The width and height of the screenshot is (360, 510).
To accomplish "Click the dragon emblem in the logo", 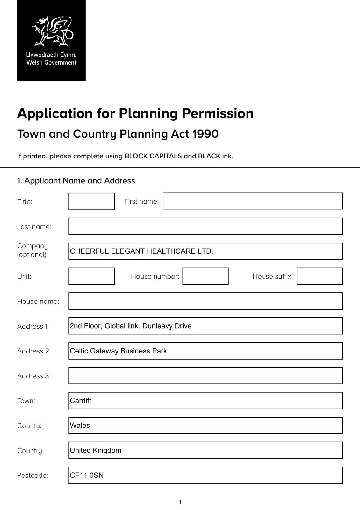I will (x=53, y=31).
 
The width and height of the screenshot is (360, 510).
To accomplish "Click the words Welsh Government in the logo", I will (x=51, y=63).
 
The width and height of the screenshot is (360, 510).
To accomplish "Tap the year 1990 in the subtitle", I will (x=205, y=134).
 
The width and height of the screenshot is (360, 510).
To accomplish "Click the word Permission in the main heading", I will (x=218, y=113).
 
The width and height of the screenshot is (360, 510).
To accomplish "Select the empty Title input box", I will (x=92, y=201).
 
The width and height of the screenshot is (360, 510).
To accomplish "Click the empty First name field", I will (x=253, y=201).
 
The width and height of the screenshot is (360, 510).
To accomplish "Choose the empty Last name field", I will (x=205, y=226).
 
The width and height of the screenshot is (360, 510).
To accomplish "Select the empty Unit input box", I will (x=92, y=276).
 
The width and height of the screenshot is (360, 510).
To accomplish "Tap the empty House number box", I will (x=205, y=276).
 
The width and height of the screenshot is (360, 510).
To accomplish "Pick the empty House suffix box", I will (x=320, y=276).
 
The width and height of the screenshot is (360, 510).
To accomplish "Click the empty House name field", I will (x=205, y=301).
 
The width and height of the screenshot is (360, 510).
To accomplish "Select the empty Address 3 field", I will (x=205, y=375).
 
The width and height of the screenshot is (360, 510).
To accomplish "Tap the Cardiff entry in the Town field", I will (x=81, y=401).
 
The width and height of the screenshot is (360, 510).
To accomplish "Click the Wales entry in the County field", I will (x=80, y=426).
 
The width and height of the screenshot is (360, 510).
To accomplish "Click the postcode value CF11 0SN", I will (x=87, y=475).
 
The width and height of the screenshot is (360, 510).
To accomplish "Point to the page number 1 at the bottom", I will (x=180, y=502).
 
